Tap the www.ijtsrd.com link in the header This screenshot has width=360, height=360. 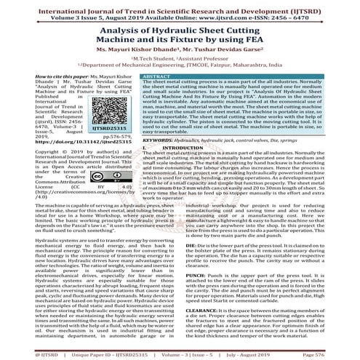tap(230, 14)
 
